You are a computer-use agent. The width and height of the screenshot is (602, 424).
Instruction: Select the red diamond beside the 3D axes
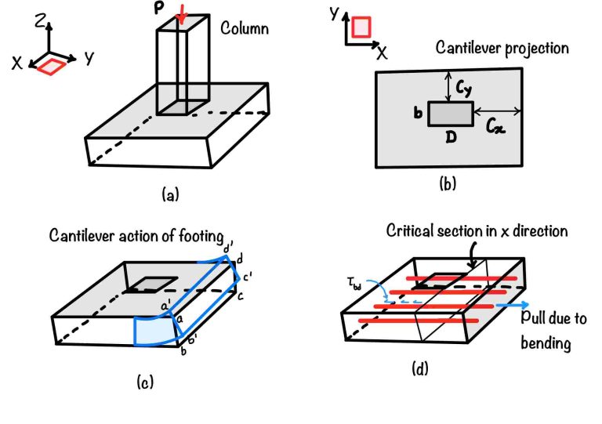(49, 67)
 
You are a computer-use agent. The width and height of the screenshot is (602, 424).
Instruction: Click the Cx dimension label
(495, 124)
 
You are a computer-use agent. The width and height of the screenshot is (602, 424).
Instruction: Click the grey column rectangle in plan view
(450, 114)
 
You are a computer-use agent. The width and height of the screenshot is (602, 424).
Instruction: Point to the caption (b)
(448, 185)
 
